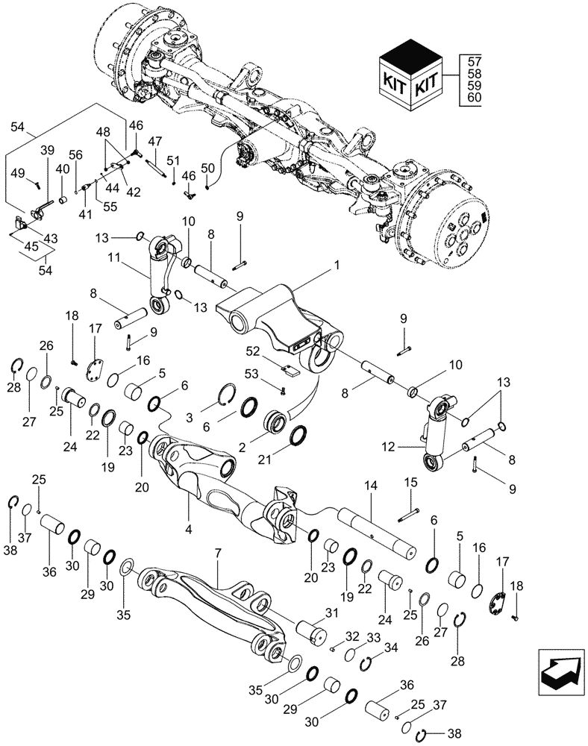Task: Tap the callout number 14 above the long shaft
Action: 371,485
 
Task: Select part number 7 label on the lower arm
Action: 219,556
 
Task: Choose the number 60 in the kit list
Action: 474,98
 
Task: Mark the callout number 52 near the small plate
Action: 252,351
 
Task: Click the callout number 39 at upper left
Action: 47,151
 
